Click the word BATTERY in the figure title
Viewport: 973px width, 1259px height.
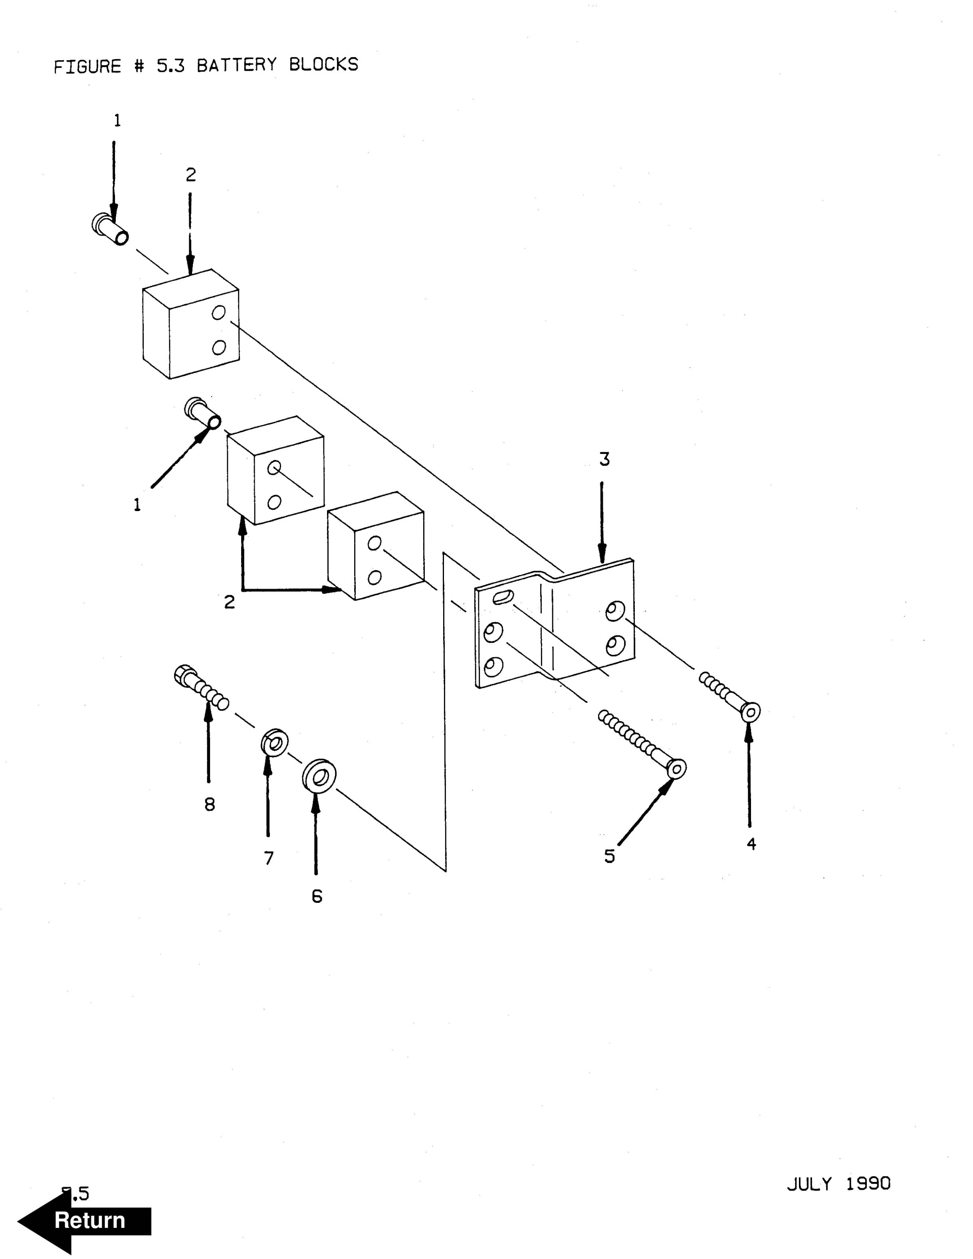click(x=237, y=65)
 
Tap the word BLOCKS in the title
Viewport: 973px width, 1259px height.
click(x=323, y=65)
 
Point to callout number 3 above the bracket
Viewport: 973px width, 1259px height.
click(x=604, y=460)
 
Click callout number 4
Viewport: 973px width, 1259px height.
click(x=751, y=844)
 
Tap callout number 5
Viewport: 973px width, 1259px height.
click(x=609, y=857)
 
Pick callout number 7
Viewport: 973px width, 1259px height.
click(x=269, y=858)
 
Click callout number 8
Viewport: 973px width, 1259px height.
click(x=210, y=804)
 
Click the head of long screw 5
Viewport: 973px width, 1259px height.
click(x=676, y=768)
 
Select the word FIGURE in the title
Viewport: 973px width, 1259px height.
click(x=87, y=67)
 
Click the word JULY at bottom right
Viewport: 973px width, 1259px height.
click(x=809, y=1184)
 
